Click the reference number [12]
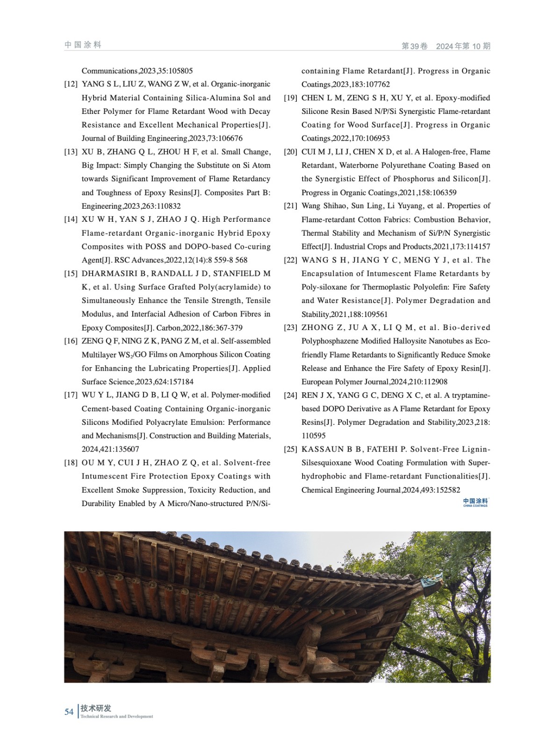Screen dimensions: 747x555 [x=71, y=84]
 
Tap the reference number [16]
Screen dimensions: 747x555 [x=71, y=341]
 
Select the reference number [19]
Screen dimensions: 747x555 [x=290, y=98]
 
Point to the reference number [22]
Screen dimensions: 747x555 [x=290, y=260]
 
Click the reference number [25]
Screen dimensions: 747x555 [x=290, y=449]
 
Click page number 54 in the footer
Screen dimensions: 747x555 [x=69, y=712]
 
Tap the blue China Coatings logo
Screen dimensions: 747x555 [x=475, y=502]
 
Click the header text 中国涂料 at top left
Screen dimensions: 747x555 [x=83, y=45]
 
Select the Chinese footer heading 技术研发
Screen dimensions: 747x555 [x=96, y=708]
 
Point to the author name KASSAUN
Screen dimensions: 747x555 [x=323, y=449]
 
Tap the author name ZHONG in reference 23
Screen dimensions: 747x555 [x=317, y=327]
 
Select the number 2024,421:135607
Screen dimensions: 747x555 [x=110, y=449]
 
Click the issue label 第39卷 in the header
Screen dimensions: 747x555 [x=415, y=46]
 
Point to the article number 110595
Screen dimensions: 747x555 [x=314, y=436]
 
